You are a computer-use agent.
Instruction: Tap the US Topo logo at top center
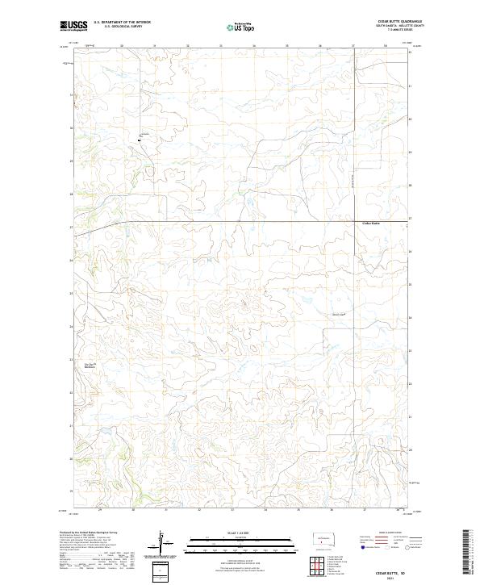237,27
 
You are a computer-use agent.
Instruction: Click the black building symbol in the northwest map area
139,140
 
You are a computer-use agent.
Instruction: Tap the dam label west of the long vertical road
338,314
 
